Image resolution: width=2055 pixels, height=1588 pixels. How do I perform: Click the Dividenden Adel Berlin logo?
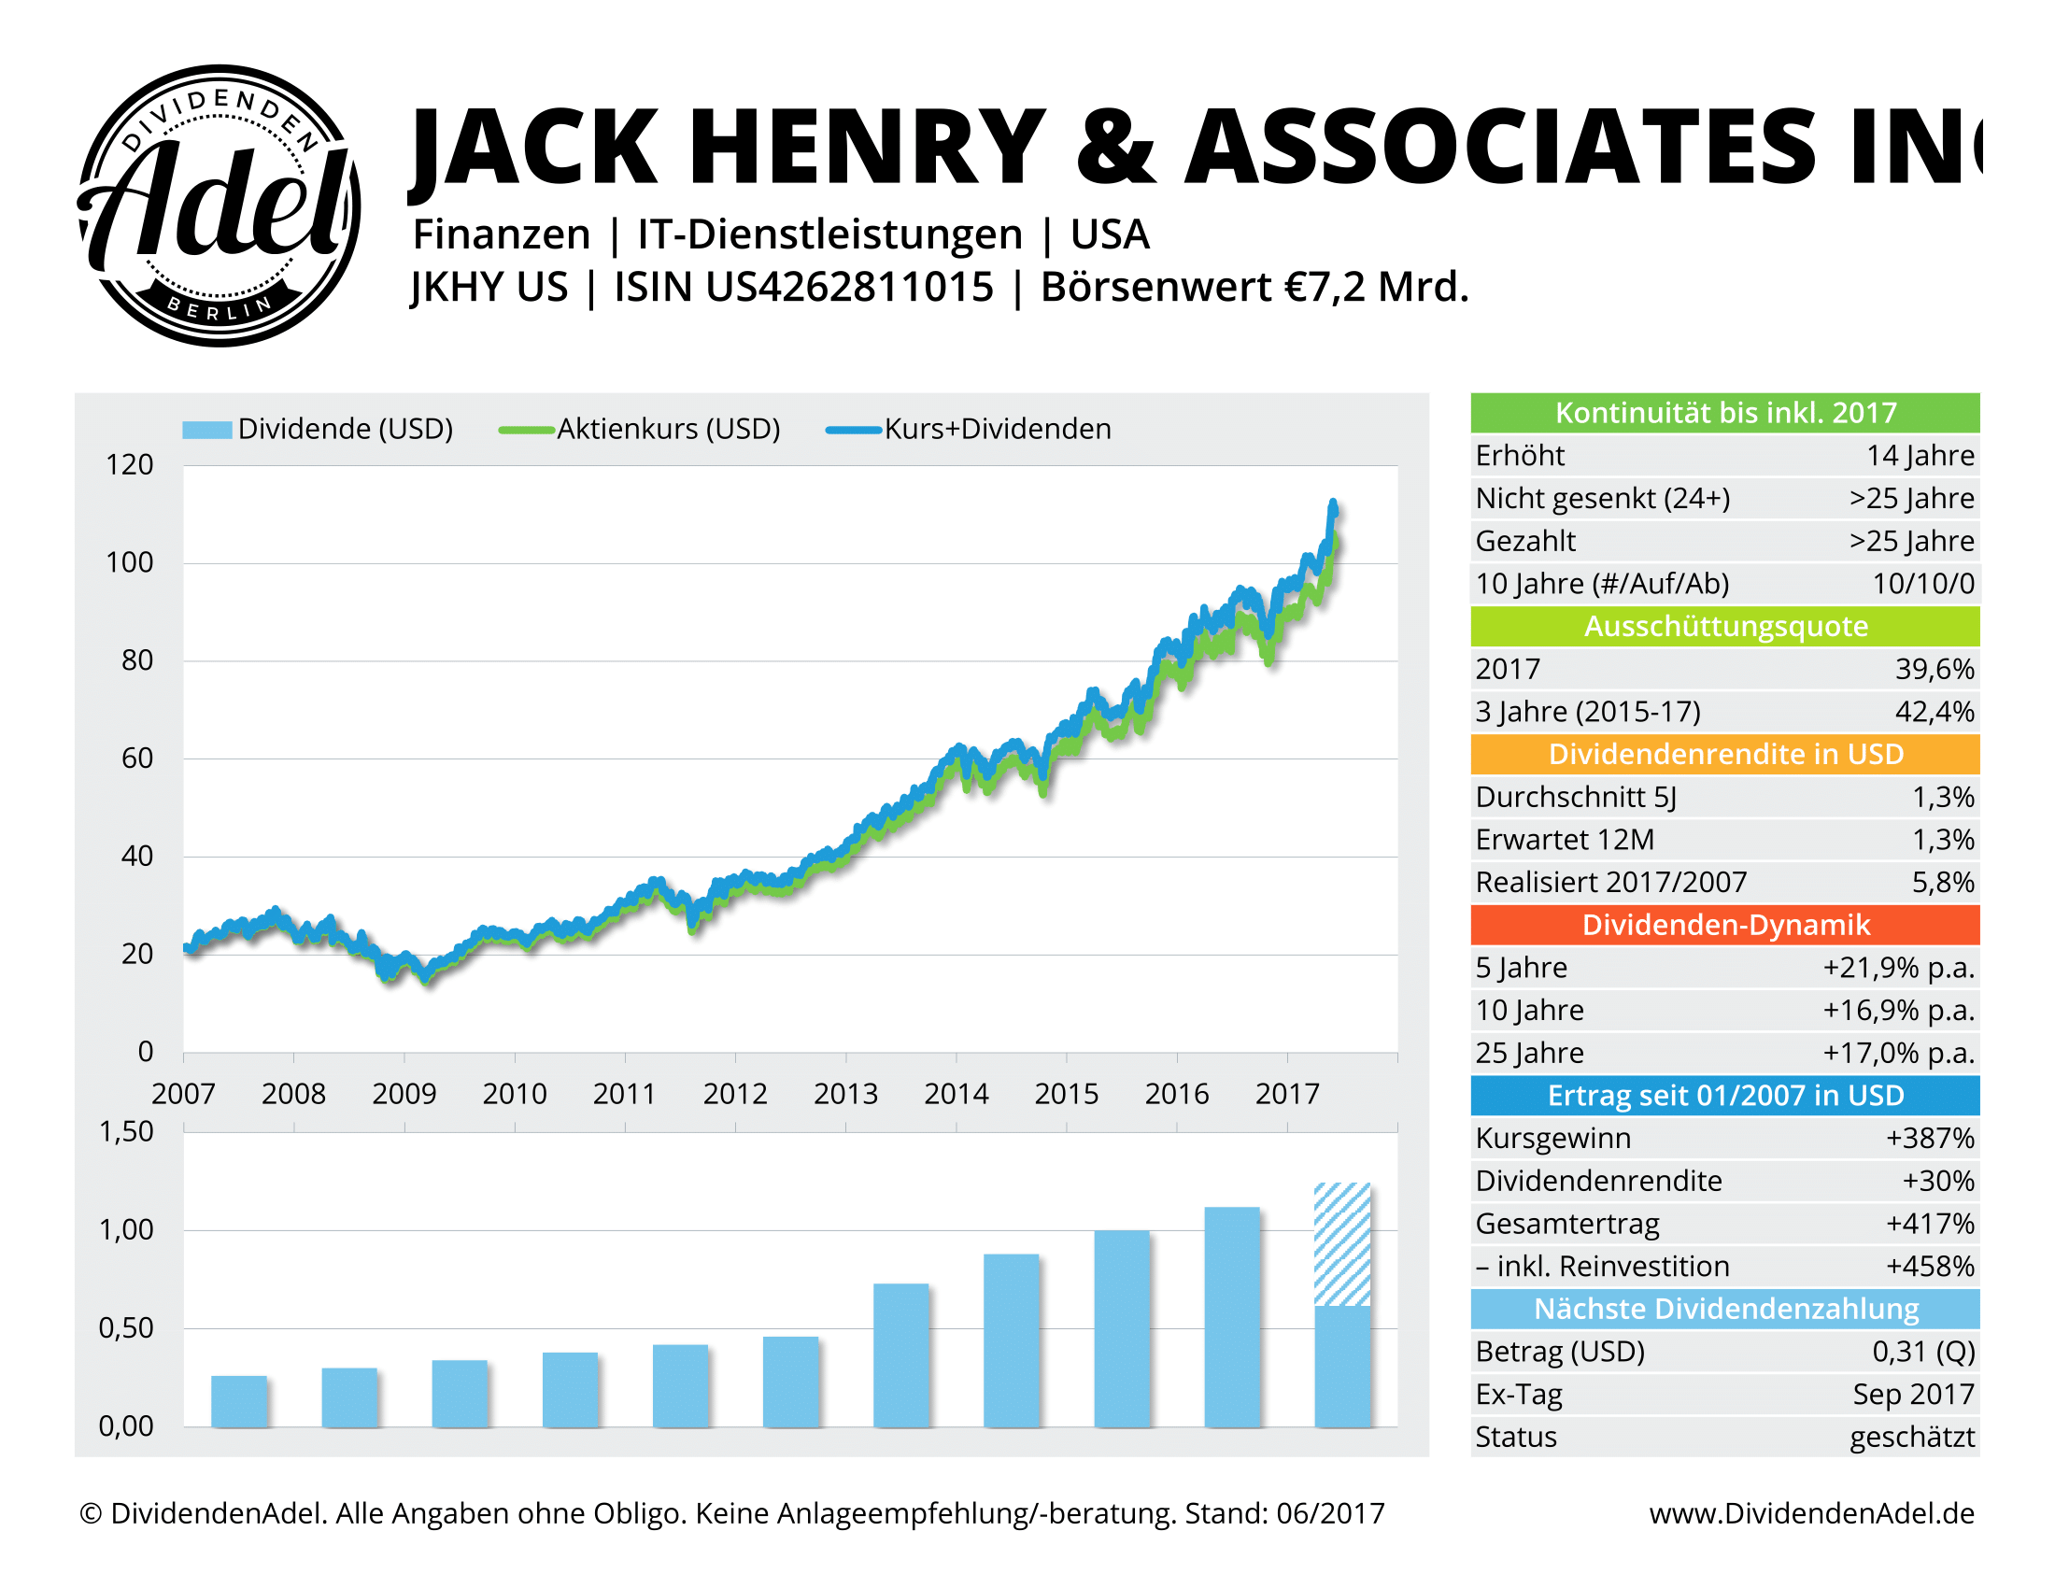[x=219, y=206]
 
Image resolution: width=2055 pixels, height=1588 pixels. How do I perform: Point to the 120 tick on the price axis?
[x=130, y=465]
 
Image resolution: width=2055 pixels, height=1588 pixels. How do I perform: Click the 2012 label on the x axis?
[x=735, y=1094]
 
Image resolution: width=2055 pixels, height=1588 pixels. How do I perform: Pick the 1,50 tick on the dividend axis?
[x=126, y=1132]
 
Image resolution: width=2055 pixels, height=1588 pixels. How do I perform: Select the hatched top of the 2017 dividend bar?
[x=1341, y=1243]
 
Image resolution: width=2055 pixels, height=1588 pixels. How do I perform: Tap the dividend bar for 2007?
[x=239, y=1401]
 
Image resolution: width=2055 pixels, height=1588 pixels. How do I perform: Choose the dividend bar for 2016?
[x=1232, y=1316]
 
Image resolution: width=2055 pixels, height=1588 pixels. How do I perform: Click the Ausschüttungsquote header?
[x=1724, y=627]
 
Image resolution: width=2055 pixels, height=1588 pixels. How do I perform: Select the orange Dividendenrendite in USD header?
[x=1724, y=755]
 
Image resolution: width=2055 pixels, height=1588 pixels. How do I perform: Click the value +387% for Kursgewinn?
[x=1929, y=1139]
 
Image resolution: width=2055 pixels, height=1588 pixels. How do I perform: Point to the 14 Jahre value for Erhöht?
[x=1920, y=455]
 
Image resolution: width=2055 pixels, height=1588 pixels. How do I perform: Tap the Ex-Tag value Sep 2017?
[x=1913, y=1395]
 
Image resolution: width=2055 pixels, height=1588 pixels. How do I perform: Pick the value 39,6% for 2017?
[x=1934, y=669]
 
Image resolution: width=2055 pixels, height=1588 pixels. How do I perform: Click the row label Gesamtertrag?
[x=1566, y=1224]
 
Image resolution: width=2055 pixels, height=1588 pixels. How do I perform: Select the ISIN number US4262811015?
[x=850, y=287]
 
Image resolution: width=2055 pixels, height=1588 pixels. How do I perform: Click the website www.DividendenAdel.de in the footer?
[x=1811, y=1512]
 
